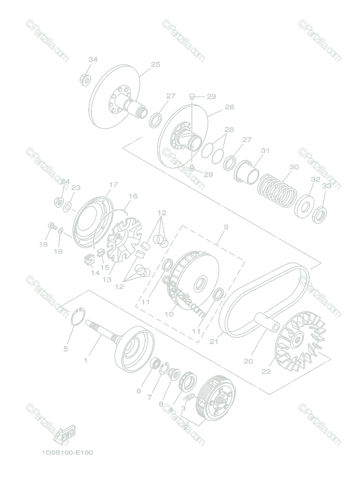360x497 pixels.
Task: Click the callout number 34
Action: click(93, 60)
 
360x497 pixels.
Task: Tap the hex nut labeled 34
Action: click(85, 78)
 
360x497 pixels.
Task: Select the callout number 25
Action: click(155, 64)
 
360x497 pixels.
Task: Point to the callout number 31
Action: click(265, 151)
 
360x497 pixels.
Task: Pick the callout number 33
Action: click(326, 186)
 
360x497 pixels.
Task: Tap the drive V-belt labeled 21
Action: click(265, 298)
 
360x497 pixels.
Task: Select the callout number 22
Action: click(266, 371)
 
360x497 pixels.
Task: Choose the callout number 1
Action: click(86, 360)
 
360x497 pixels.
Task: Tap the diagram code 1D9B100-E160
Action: click(67, 452)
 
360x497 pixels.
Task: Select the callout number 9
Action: click(226, 227)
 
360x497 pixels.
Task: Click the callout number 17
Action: click(113, 185)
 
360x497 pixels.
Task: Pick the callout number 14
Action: click(95, 273)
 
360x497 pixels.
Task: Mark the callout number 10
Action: click(169, 314)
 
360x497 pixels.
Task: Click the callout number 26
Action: click(229, 107)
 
